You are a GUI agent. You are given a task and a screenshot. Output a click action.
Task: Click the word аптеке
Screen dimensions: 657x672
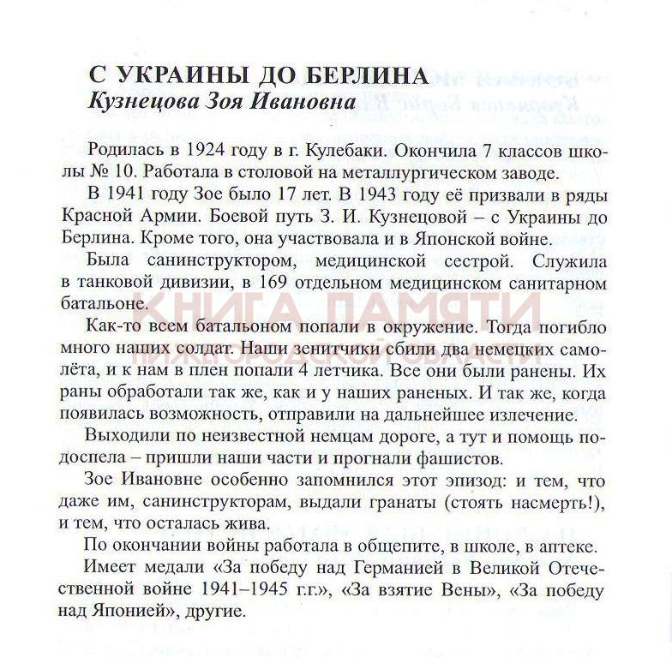[x=546, y=545]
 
